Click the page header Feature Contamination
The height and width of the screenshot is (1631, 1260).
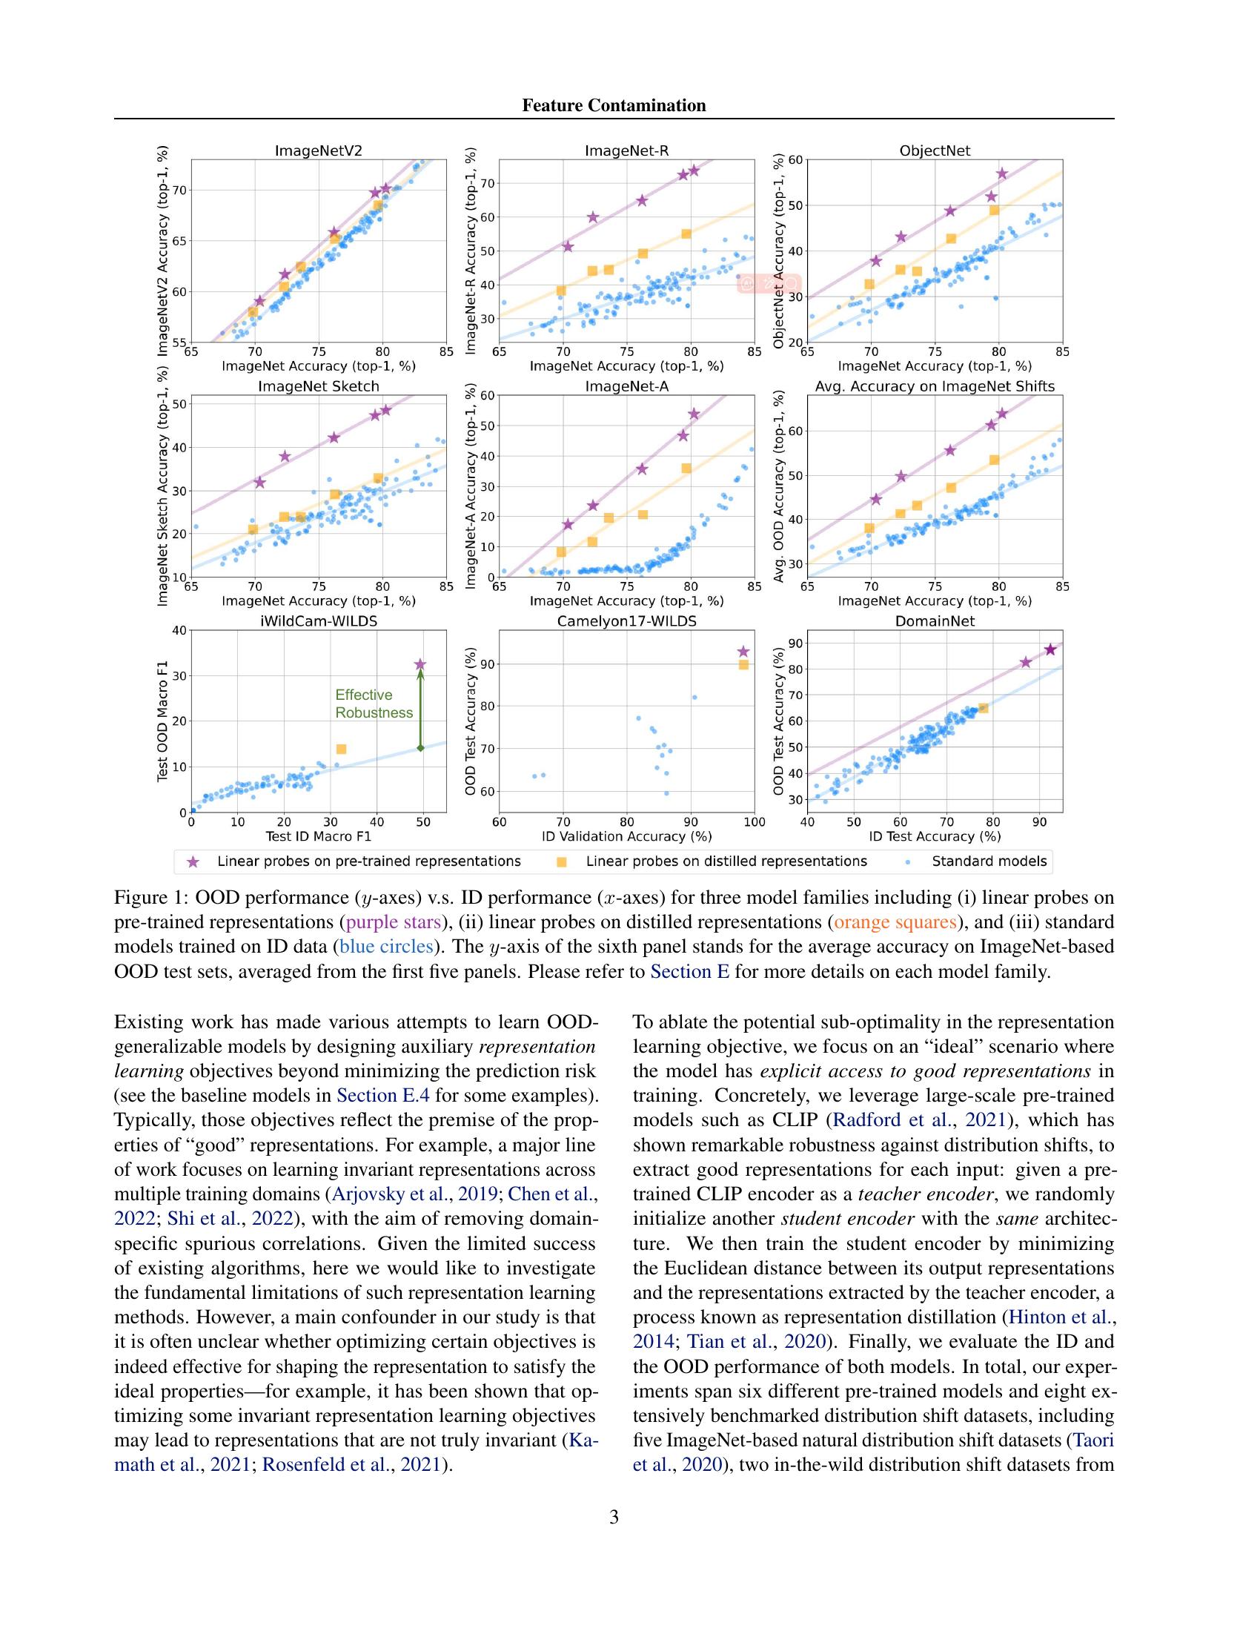[x=614, y=105]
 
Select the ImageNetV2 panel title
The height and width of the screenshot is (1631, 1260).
[x=319, y=150]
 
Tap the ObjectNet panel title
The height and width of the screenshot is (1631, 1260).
[x=935, y=150]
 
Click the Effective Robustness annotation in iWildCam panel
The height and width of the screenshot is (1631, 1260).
[x=374, y=704]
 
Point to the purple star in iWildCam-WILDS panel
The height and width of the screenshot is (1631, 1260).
[x=420, y=664]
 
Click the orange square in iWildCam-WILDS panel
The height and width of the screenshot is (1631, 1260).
[x=341, y=749]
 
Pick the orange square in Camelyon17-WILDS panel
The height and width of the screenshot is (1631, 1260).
[x=743, y=665]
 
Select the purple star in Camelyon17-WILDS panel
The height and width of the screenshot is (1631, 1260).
[x=743, y=652]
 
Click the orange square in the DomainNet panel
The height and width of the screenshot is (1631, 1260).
[x=983, y=708]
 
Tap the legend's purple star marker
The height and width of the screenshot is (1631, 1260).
[x=193, y=861]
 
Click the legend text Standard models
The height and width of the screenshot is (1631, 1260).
[x=989, y=861]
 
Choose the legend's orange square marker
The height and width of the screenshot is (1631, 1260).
[x=562, y=861]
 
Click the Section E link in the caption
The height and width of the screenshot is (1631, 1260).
[x=689, y=972]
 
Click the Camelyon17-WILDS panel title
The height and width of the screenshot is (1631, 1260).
[x=626, y=621]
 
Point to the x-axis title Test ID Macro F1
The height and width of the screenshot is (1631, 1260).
[x=319, y=836]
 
